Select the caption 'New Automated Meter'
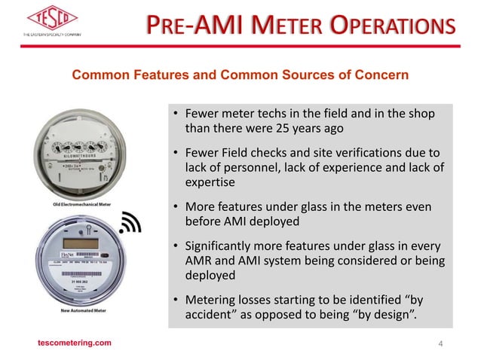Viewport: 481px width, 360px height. click(x=77, y=310)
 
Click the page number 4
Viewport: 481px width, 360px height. click(x=441, y=343)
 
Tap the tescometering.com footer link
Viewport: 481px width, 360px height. click(x=75, y=343)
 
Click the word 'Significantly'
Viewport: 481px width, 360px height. click(x=224, y=247)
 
